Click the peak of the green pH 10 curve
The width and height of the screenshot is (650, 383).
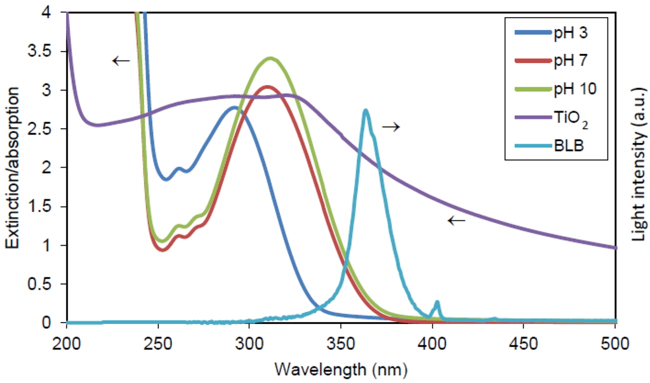coord(271,58)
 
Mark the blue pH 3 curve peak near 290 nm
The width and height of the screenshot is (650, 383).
coord(234,107)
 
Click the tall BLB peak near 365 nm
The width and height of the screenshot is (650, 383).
coord(366,111)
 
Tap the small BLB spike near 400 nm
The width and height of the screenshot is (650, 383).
coord(437,302)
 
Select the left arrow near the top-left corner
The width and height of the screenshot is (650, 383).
coord(119,61)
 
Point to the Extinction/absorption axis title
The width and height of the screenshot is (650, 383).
coord(13,166)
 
